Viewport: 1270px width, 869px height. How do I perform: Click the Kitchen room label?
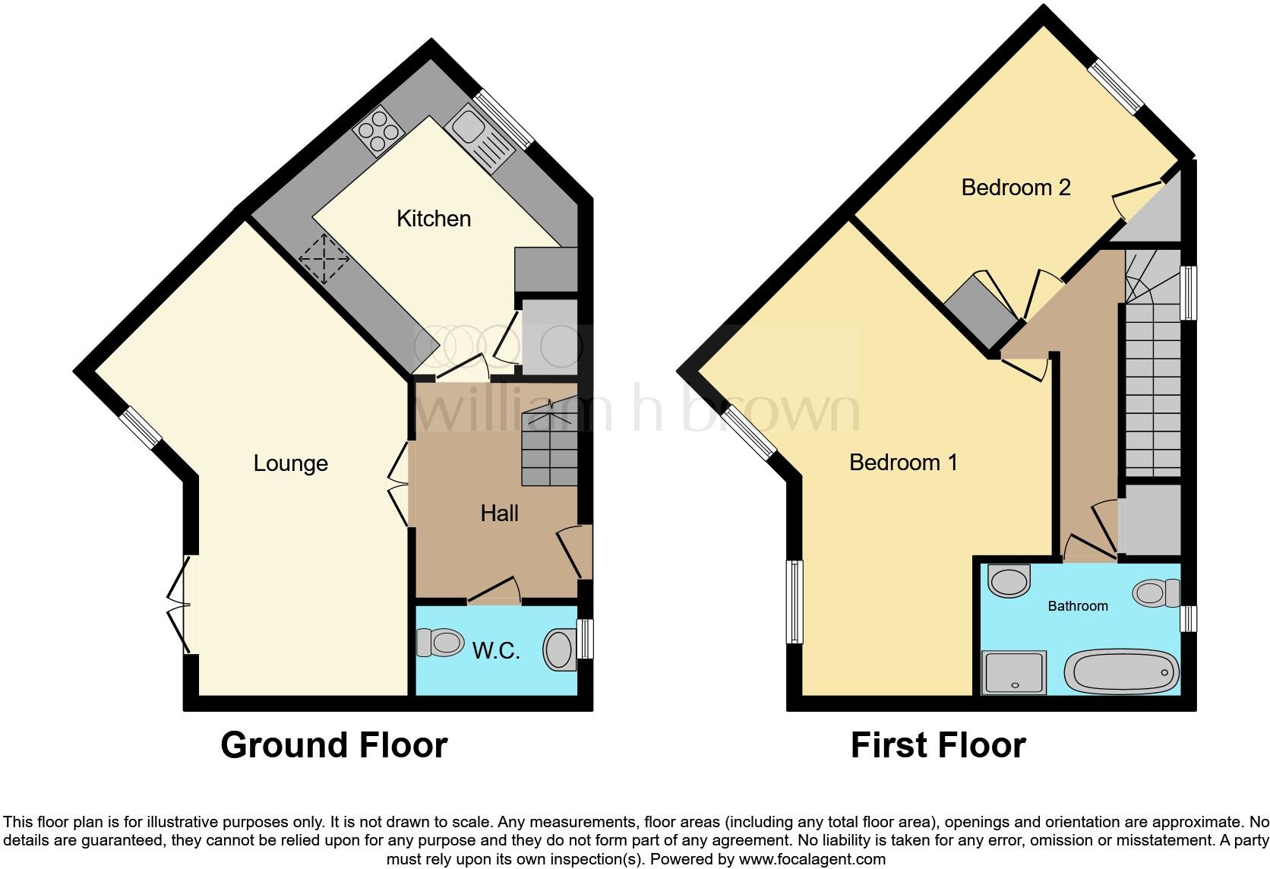[434, 219]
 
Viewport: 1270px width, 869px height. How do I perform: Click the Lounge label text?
[290, 463]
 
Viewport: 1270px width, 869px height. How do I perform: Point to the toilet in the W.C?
[441, 643]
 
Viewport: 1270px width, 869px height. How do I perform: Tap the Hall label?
[499, 513]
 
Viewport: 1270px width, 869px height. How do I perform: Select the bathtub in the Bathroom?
[1121, 672]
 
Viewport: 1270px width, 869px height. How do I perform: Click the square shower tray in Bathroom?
[1014, 672]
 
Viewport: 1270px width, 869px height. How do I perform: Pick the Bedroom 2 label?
[1016, 188]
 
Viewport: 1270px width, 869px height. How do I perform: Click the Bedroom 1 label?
[903, 462]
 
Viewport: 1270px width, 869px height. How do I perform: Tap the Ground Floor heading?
[333, 745]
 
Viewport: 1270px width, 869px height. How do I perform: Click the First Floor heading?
[938, 745]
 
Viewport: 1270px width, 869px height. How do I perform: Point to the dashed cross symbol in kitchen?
[324, 259]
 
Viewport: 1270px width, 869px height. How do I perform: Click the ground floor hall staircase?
[548, 448]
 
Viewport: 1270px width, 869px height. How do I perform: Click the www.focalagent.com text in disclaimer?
[812, 859]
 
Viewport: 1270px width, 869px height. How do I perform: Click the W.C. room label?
[496, 651]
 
